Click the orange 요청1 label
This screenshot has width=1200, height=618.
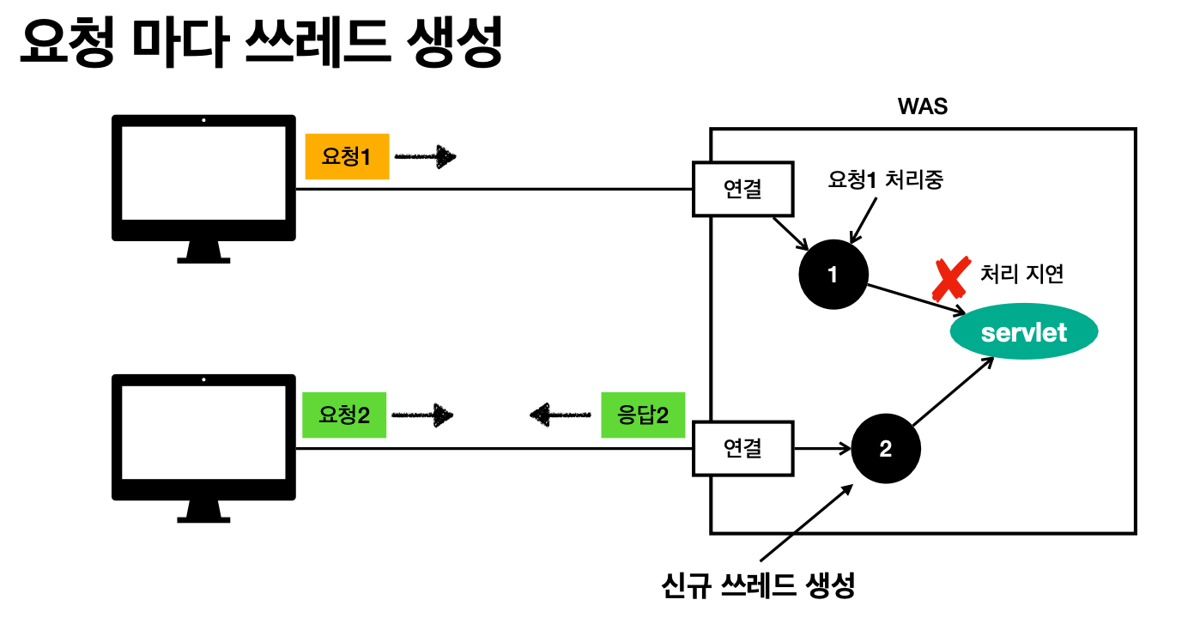(347, 156)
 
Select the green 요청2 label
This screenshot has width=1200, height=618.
(344, 415)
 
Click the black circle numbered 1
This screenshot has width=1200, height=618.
(833, 275)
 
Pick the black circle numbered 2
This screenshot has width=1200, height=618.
(886, 448)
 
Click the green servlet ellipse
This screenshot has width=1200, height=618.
(1024, 332)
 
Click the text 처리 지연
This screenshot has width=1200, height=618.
(1021, 275)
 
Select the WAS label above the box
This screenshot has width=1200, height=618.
(922, 107)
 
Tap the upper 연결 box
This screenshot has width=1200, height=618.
(743, 189)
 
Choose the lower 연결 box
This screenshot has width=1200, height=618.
(743, 447)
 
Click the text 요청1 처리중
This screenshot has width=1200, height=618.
(885, 180)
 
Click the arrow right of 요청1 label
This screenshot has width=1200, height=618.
(425, 156)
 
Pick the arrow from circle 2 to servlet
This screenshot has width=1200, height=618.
(953, 391)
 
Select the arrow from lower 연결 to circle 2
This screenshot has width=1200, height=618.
(822, 447)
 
